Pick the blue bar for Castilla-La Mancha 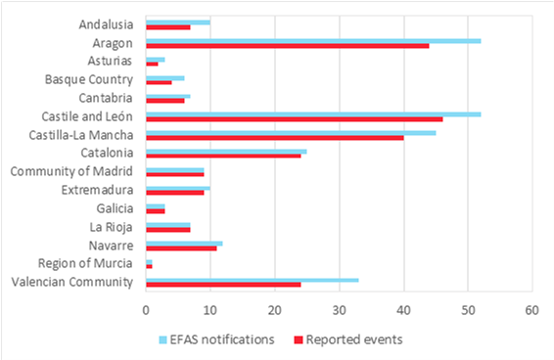coord(290,132)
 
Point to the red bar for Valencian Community coord(222,286)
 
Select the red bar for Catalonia coord(222,156)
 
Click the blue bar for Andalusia coord(177,22)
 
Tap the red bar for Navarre coord(180,248)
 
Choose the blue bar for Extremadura coord(177,187)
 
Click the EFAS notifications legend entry coord(215,339)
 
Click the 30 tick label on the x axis coord(339,311)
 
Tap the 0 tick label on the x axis coord(145,311)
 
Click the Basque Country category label coord(87,79)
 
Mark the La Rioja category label coord(111,227)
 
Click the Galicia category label coord(115,208)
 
